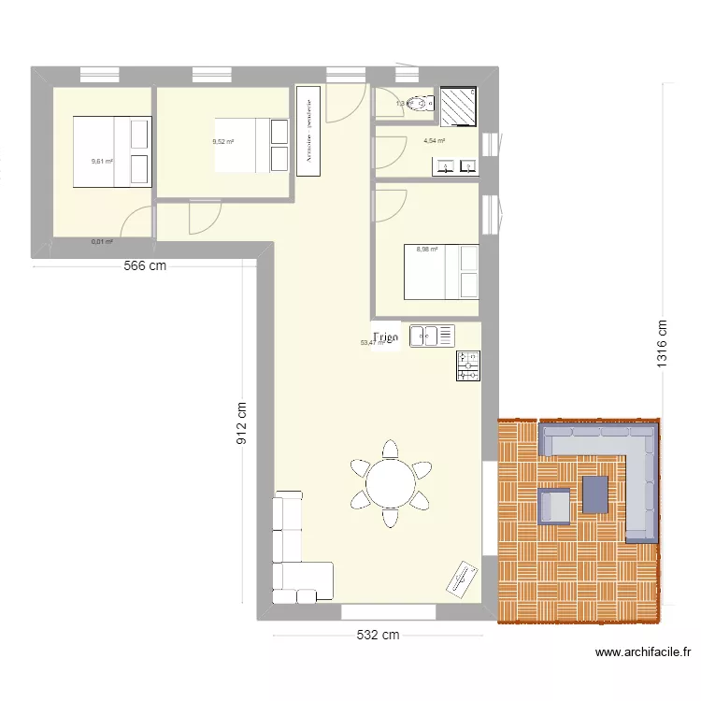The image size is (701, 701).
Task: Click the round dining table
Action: pos(393,483)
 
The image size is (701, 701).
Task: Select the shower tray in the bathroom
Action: pos(458,106)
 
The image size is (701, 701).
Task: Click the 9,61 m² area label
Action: pos(102,161)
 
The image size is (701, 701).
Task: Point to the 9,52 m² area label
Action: pos(222,141)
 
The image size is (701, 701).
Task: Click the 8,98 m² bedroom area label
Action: pos(426,250)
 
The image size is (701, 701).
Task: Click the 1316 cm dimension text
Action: pos(663,344)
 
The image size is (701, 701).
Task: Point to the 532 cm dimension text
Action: pos(377,636)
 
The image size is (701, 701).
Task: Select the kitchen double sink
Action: pos(431,335)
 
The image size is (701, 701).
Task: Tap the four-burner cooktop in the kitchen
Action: pos(468,365)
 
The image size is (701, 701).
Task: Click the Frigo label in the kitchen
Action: pos(385,336)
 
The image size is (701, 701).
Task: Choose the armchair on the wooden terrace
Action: pos(554,505)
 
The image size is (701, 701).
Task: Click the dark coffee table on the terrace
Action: pos(595,494)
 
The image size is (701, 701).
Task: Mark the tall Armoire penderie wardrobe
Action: pos(308,131)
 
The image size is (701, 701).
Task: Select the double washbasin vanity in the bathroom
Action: pos(455,167)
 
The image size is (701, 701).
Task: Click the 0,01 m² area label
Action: pos(102,242)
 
